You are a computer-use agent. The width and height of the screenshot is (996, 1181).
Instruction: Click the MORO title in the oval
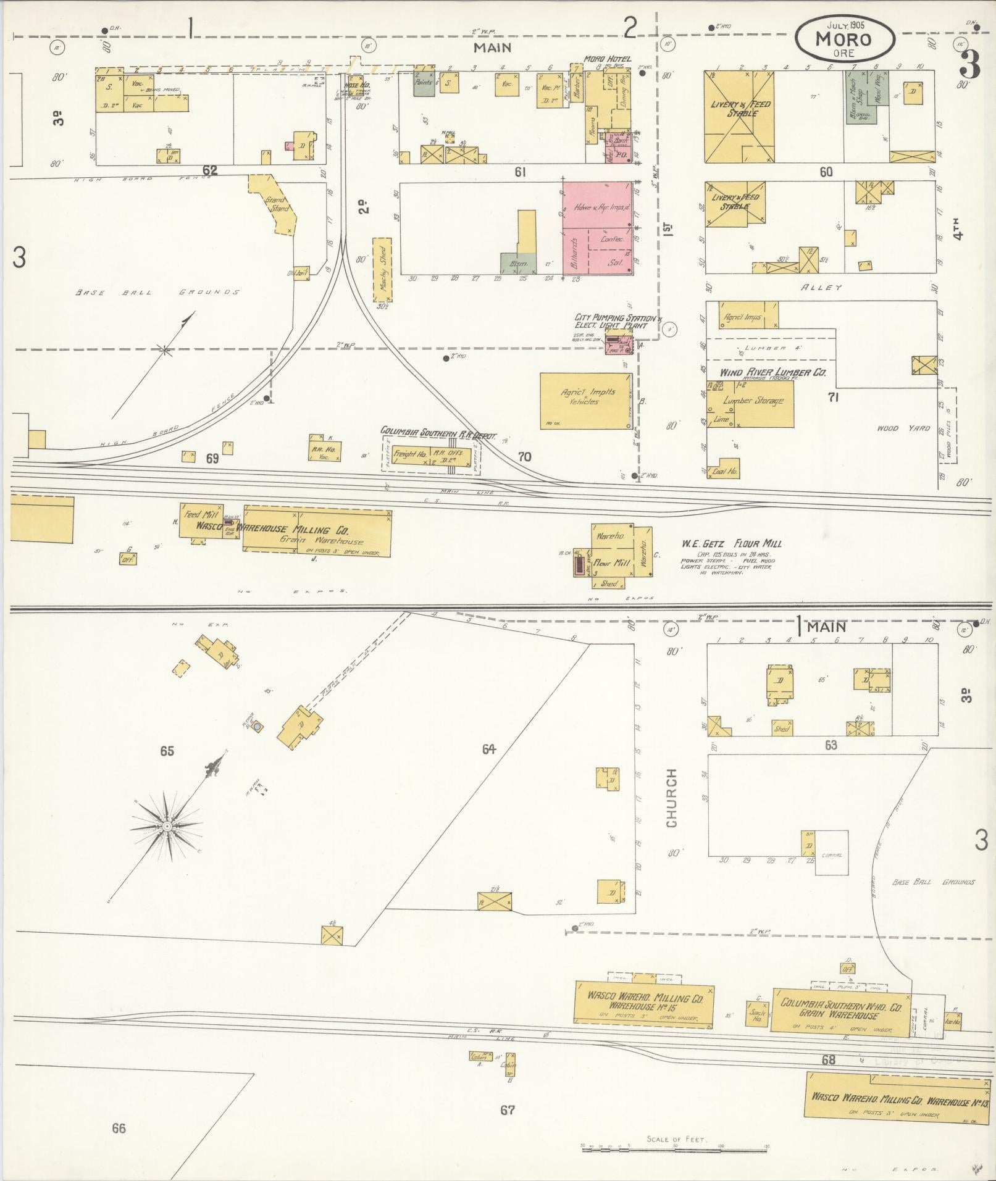[x=843, y=39]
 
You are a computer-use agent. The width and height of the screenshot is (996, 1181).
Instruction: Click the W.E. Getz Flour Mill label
[x=732, y=543]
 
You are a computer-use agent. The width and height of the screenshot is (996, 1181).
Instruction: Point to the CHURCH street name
[x=672, y=797]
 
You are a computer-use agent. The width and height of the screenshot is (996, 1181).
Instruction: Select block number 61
[x=519, y=172]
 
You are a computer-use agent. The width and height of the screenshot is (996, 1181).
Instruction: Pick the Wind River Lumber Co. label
[x=772, y=373]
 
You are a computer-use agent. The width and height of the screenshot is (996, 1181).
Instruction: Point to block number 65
[x=167, y=751]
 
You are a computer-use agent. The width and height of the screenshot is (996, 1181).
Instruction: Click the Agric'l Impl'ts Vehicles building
[x=586, y=401]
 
